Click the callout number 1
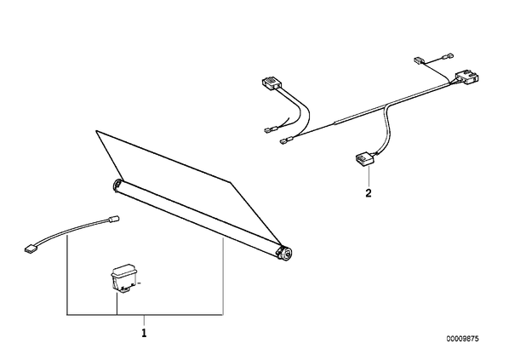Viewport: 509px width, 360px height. click(144, 333)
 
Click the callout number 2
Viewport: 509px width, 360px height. click(368, 193)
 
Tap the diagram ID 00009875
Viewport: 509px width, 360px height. click(462, 339)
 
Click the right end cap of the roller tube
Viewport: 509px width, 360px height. click(285, 253)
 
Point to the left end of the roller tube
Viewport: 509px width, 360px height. click(117, 186)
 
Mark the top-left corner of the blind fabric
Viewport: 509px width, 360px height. click(96, 130)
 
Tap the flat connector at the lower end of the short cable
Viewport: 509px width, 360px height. click(30, 249)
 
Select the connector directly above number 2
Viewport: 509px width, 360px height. click(363, 159)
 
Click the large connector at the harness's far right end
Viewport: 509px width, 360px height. click(466, 77)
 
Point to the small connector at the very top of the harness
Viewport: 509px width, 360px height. click(418, 60)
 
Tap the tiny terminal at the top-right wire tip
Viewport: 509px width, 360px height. click(449, 57)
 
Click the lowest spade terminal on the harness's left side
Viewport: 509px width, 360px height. click(285, 141)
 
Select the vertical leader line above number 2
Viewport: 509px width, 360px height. click(369, 175)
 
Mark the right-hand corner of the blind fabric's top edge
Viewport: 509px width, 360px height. click(230, 182)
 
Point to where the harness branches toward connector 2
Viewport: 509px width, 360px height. click(385, 107)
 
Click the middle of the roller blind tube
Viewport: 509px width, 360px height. click(201, 218)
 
